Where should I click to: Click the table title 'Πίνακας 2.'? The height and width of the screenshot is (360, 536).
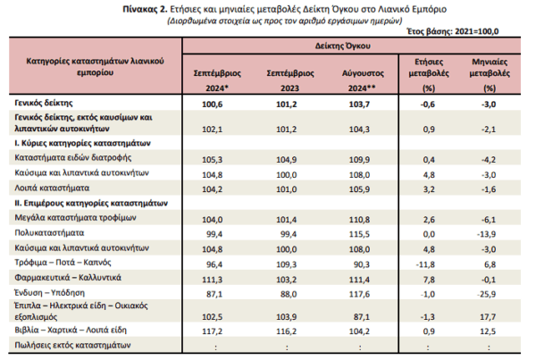[145, 9]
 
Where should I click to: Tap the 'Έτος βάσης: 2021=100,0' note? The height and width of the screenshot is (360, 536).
[453, 31]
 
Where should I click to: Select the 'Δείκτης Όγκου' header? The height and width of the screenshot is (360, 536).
[342, 46]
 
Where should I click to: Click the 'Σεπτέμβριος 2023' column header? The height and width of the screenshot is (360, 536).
[290, 80]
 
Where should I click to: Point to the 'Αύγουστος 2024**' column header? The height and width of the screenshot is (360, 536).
[363, 80]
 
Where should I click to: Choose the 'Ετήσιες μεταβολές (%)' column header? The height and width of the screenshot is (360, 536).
[429, 75]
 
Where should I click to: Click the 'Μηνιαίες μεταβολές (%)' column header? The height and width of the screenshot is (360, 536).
[490, 75]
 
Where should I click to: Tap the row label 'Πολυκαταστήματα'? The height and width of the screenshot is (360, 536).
[49, 233]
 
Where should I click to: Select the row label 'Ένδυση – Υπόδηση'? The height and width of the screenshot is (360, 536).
[49, 293]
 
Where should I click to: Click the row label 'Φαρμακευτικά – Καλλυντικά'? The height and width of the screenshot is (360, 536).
[68, 277]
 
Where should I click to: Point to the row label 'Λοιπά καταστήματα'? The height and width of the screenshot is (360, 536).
[52, 188]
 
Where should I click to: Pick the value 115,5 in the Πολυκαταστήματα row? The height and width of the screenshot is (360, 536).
[359, 234]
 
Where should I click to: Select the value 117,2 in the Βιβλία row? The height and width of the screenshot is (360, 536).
[212, 331]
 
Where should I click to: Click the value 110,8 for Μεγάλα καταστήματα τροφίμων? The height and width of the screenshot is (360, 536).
[359, 220]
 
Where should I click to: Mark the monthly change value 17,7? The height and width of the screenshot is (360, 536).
[488, 317]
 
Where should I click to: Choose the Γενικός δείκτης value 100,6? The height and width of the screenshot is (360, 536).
[212, 105]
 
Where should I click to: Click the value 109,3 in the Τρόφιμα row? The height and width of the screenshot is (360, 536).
[287, 264]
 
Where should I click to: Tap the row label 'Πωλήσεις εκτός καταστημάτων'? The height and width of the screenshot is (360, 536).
[72, 345]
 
